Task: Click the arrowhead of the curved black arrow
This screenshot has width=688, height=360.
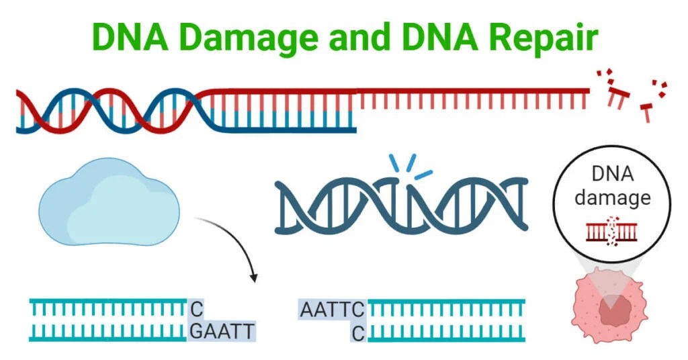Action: pos(253,277)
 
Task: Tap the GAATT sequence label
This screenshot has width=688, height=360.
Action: pos(221,331)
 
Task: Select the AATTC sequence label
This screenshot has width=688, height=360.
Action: pos(332,310)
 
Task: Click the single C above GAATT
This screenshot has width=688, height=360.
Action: pos(196,310)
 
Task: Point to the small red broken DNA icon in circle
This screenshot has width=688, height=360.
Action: pos(611,230)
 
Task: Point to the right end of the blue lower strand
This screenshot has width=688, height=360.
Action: pos(353,126)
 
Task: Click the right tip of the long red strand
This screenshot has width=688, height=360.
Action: pos(587,90)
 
